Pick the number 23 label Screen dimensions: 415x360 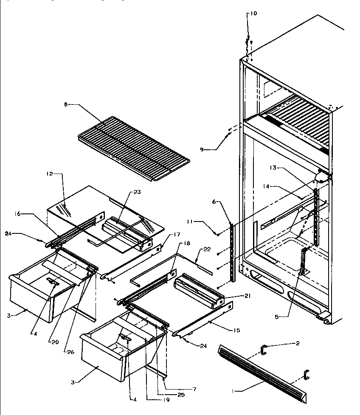(136, 191)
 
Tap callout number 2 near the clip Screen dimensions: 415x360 (298, 343)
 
